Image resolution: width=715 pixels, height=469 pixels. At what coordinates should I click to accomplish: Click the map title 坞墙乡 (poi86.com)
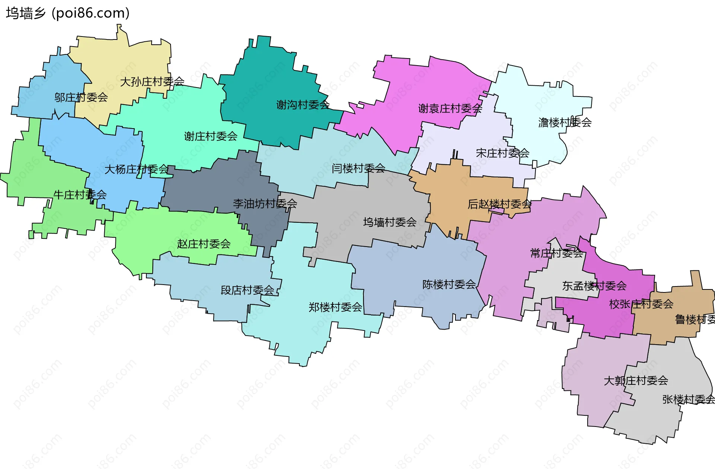click(x=68, y=13)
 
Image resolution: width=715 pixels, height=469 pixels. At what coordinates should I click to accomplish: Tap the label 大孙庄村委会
click(x=152, y=82)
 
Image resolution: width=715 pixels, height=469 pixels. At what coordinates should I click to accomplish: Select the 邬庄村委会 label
click(x=81, y=98)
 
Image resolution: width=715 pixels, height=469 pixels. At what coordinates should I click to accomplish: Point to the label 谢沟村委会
click(x=303, y=105)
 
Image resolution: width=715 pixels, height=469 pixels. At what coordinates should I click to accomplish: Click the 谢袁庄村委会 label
click(x=450, y=109)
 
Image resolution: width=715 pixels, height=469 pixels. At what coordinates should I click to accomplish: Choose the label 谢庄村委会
click(x=210, y=136)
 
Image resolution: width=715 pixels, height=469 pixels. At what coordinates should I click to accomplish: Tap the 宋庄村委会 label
click(x=502, y=153)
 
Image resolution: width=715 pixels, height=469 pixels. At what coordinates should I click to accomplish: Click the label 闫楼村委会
click(x=358, y=168)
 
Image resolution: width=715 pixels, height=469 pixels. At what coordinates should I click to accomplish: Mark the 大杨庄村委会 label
click(x=136, y=169)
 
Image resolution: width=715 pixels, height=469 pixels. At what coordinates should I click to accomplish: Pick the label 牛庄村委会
click(x=80, y=195)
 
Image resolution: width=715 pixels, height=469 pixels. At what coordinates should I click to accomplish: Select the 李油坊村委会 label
click(x=265, y=204)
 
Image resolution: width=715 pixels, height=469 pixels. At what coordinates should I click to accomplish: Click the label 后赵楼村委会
click(x=499, y=204)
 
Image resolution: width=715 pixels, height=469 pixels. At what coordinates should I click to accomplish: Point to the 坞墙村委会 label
click(x=390, y=222)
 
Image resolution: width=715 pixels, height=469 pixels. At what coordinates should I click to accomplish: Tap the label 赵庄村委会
click(x=204, y=244)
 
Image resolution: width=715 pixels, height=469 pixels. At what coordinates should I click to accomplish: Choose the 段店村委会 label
click(x=247, y=290)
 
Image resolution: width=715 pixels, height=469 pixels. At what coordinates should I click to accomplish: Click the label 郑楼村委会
click(x=335, y=307)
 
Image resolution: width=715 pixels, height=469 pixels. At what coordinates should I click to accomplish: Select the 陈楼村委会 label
click(x=449, y=285)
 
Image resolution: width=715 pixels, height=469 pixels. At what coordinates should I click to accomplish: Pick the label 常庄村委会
click(x=556, y=254)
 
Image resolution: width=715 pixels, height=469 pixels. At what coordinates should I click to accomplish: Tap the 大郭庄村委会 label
click(x=636, y=381)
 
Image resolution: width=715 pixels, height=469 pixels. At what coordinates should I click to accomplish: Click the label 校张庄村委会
click(x=641, y=304)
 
